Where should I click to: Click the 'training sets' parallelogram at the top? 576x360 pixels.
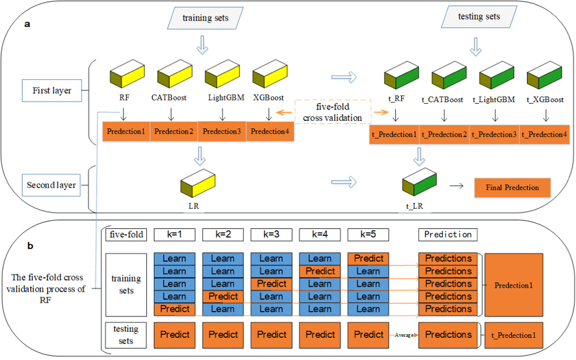click(205, 18)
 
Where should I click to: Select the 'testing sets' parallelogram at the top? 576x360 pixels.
click(479, 17)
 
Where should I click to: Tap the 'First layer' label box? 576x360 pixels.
click(52, 91)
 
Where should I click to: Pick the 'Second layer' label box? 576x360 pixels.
click(51, 185)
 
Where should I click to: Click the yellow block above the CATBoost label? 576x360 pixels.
click(175, 74)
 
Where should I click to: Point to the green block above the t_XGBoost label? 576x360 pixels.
click(544, 75)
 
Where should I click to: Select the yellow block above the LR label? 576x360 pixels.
click(198, 183)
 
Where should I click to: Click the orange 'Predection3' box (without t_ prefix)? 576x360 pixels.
click(222, 131)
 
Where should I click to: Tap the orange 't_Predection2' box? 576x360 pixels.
click(444, 134)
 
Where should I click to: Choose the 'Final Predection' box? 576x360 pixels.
click(512, 188)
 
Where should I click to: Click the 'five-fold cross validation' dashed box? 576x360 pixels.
click(333, 112)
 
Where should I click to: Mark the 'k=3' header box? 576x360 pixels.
click(271, 235)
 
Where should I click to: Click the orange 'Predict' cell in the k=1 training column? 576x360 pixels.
click(174, 309)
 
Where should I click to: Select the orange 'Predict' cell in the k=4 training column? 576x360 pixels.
click(320, 271)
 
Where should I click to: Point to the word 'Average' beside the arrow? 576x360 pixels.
click(404, 335)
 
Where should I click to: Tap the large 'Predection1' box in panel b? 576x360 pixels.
click(514, 285)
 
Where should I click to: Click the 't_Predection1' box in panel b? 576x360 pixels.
click(514, 335)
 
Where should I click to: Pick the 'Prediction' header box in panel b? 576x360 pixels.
click(448, 235)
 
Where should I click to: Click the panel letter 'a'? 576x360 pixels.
click(27, 24)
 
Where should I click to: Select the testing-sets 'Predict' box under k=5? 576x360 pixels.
click(368, 335)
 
